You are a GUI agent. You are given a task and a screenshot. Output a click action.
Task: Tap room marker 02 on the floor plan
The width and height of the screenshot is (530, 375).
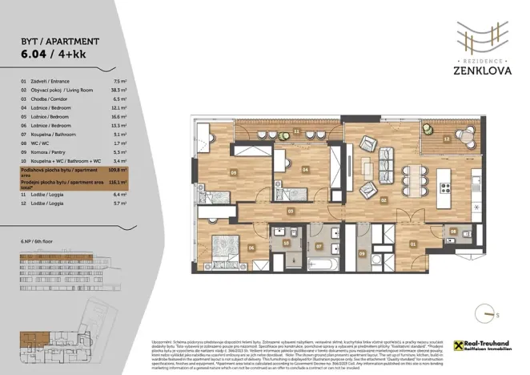[384, 200]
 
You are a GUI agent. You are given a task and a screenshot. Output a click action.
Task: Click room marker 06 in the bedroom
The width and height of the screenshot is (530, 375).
[251, 247]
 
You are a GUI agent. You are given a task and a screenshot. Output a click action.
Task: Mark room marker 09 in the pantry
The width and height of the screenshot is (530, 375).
[361, 254]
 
